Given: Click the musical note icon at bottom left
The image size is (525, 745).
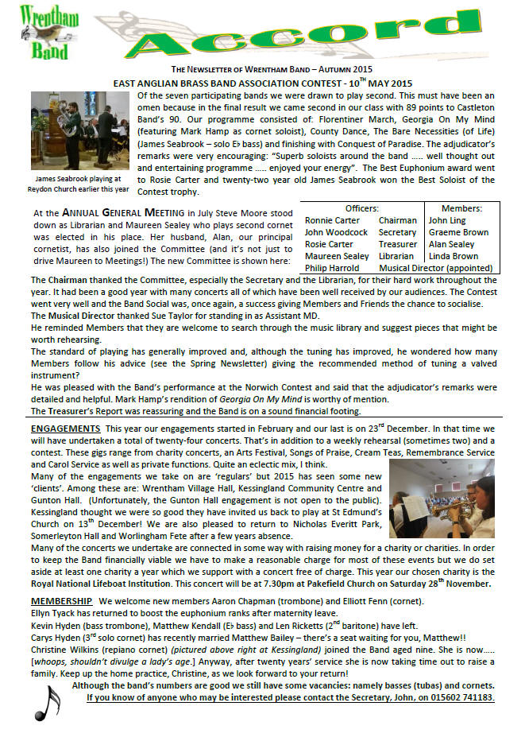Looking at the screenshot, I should point(49,704).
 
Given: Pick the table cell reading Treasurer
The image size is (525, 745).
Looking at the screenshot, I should point(397,244).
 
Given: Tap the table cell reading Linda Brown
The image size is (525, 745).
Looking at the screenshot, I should point(453,256).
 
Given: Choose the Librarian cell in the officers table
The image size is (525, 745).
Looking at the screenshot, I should point(396,256).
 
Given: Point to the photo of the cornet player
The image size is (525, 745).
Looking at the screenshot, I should point(453,499).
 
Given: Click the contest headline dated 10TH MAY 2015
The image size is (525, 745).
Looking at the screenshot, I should point(262,83).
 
